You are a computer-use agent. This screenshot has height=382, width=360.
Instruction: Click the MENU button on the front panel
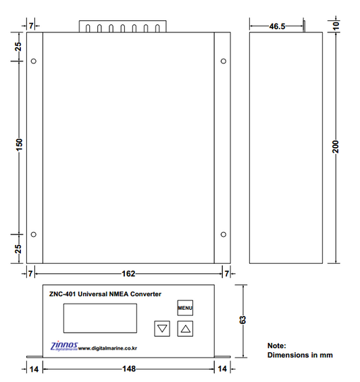click(186, 308)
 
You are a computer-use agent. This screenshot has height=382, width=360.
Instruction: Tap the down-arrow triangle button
click(162, 329)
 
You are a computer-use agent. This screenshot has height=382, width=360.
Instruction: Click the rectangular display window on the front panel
click(100, 318)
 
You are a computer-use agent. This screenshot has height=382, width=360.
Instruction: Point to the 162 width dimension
click(128, 273)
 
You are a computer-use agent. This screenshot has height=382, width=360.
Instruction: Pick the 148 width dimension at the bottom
click(129, 369)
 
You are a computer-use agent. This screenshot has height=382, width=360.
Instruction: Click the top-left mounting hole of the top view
click(34, 62)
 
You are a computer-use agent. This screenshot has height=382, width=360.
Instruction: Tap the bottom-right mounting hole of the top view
click(224, 235)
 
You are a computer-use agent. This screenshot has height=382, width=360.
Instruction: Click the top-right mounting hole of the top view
click(224, 62)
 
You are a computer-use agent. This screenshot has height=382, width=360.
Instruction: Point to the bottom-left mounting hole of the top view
click(34, 235)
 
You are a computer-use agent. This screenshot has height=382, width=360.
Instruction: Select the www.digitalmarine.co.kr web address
click(108, 348)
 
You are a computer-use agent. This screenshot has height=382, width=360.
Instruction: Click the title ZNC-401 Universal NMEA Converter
click(105, 294)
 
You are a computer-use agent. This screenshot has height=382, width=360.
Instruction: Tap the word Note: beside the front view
click(277, 345)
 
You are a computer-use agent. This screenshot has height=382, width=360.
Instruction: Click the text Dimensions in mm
click(300, 355)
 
